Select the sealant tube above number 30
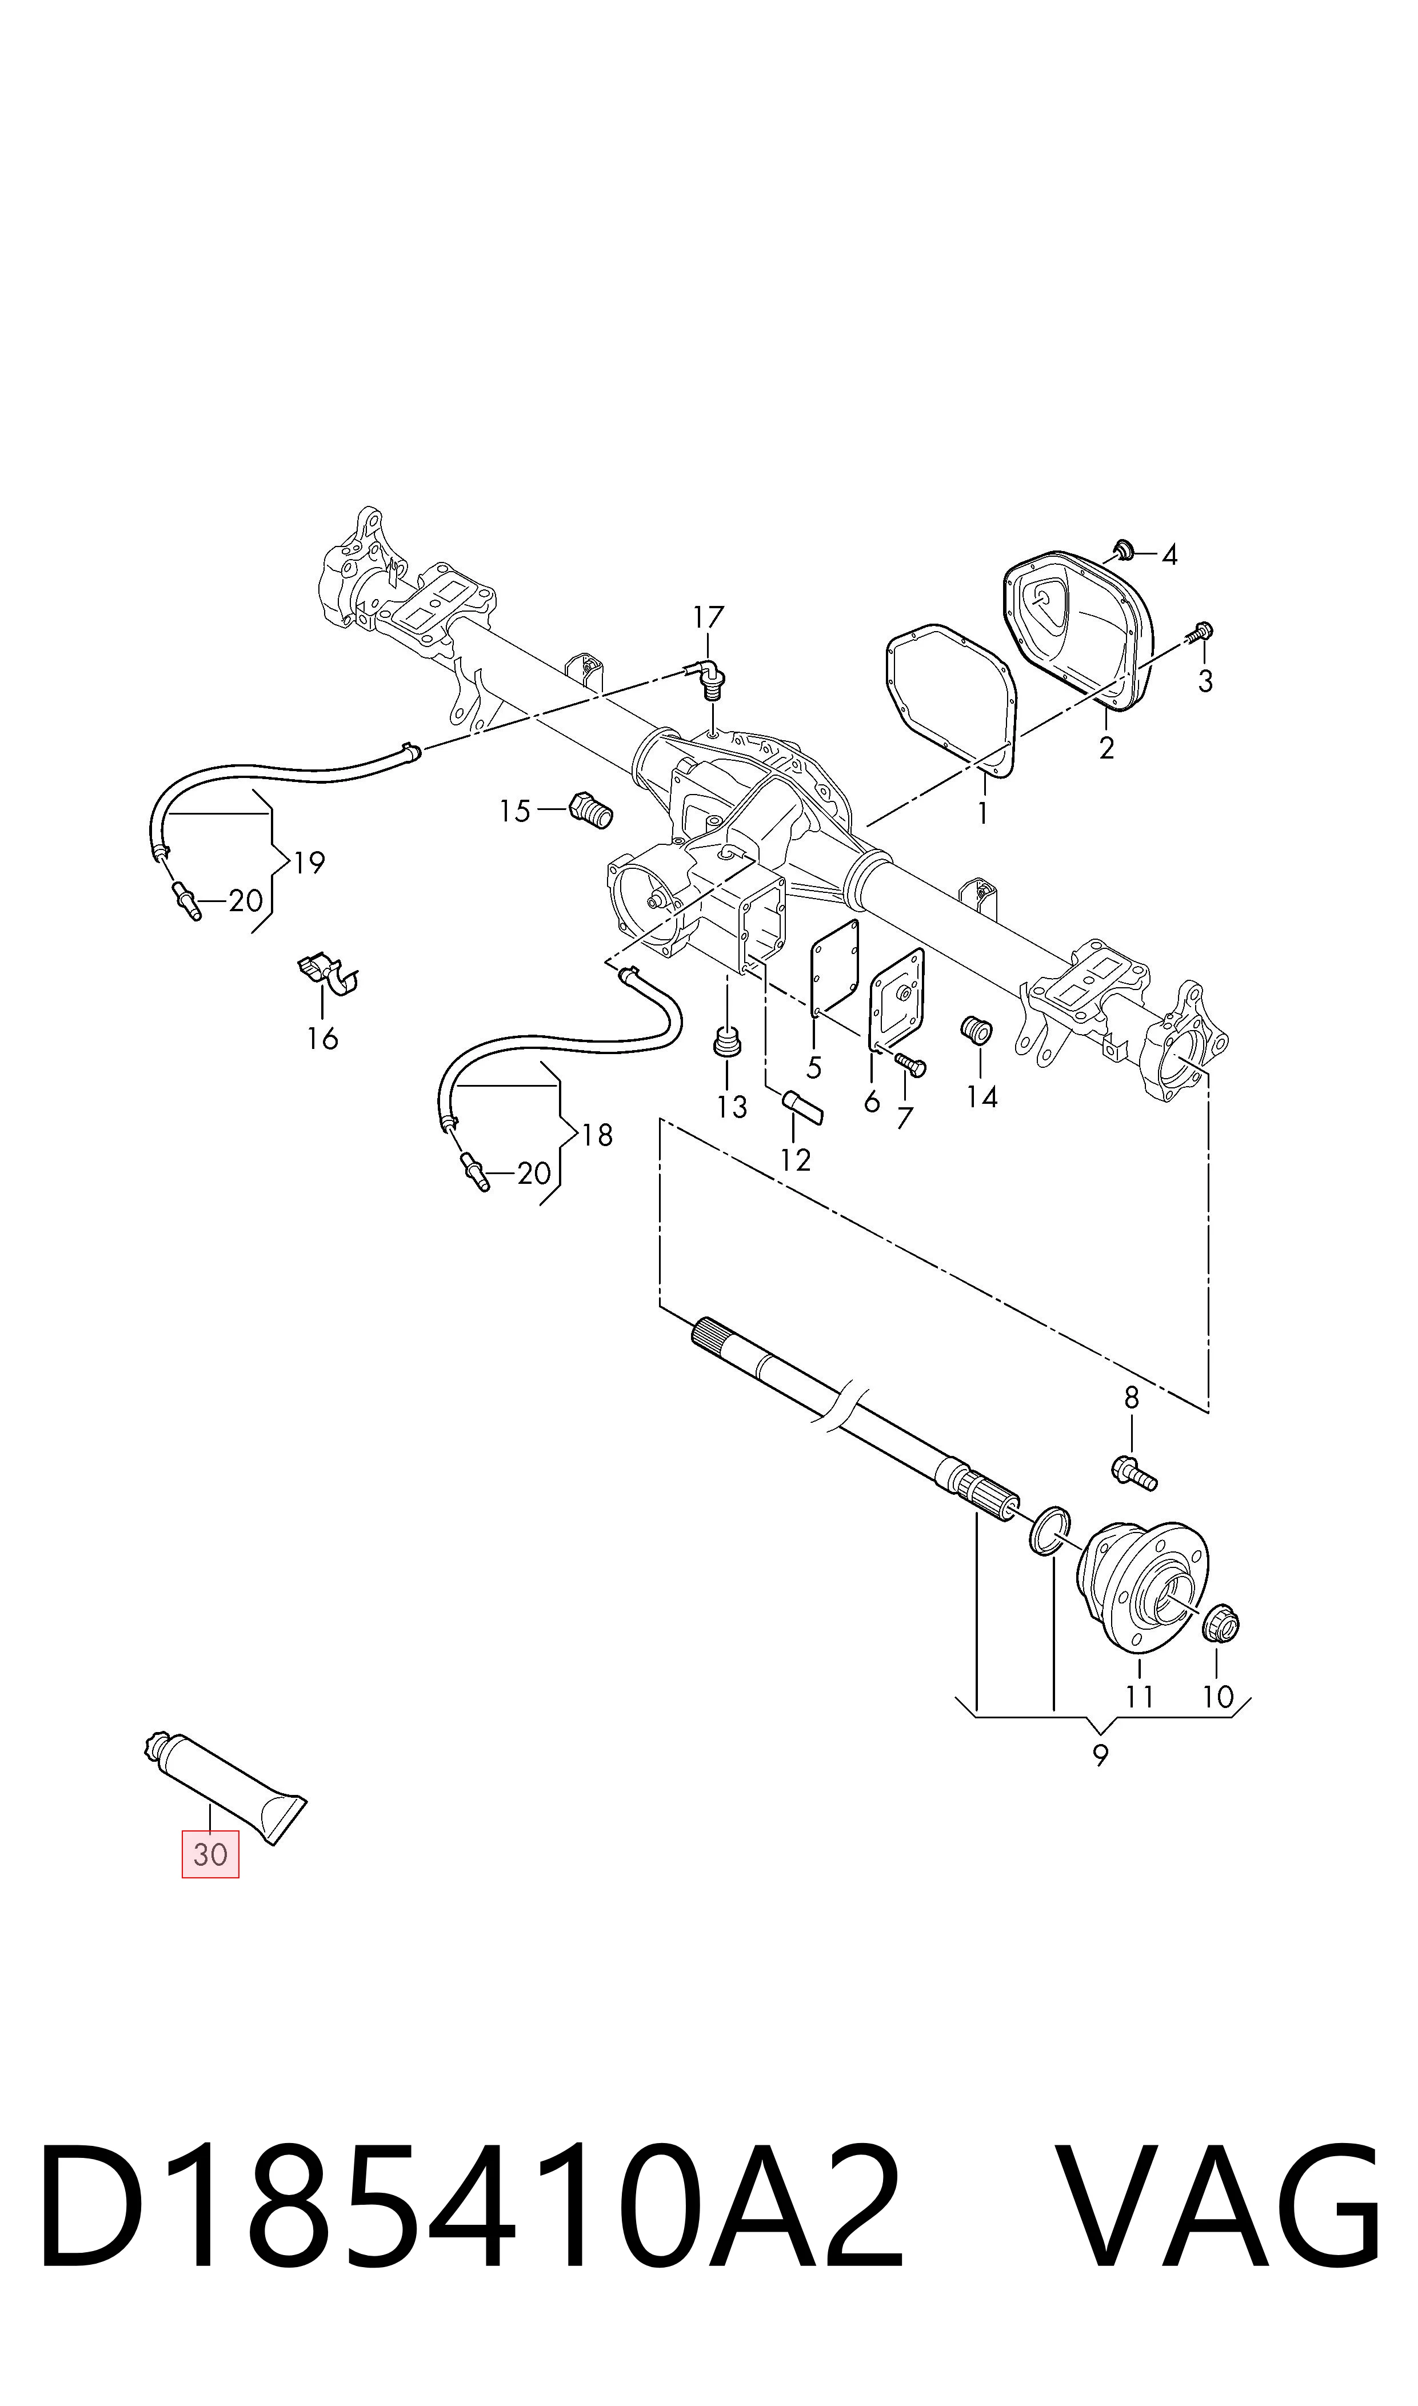point(225,1787)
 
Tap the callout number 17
point(708,617)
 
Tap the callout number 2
point(1107,748)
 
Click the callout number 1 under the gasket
point(982,813)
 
